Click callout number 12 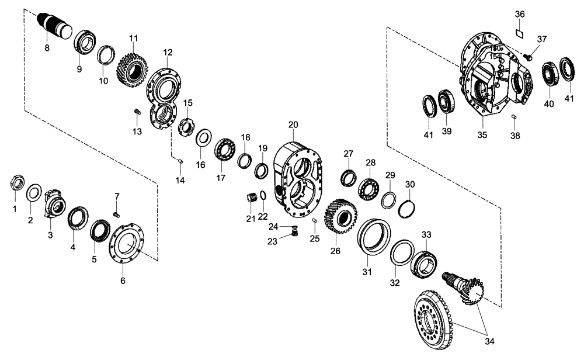pos(168,52)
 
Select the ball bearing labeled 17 pos(224,149)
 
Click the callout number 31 pos(367,272)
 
